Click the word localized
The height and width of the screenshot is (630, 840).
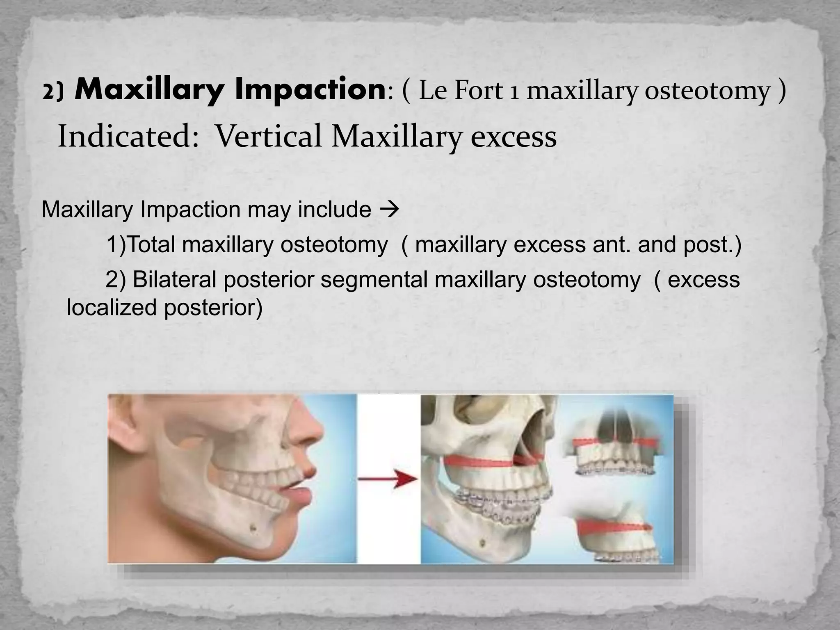[111, 307]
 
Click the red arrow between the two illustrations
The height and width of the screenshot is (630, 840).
[388, 479]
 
